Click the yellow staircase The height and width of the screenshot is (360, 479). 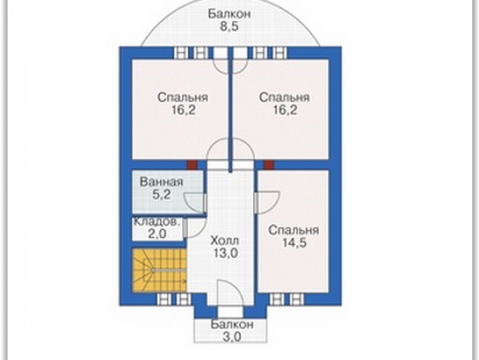pyautogui.click(x=159, y=270)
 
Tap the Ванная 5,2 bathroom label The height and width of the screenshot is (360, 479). pyautogui.click(x=161, y=188)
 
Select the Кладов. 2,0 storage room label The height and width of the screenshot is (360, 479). pyautogui.click(x=156, y=228)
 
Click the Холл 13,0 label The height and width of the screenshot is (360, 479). pyautogui.click(x=224, y=247)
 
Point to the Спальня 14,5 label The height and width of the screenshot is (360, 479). pyautogui.click(x=294, y=237)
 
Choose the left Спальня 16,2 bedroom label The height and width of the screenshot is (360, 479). pyautogui.click(x=183, y=104)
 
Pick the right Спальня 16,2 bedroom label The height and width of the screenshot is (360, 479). pyautogui.click(x=284, y=104)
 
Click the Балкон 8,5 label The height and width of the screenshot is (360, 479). pyautogui.click(x=230, y=20)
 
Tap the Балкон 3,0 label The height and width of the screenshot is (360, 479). pyautogui.click(x=232, y=331)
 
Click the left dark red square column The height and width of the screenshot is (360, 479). pyautogui.click(x=192, y=165)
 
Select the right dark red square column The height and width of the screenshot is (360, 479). pyautogui.click(x=269, y=165)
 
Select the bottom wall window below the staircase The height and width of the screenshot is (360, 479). pyautogui.click(x=173, y=299)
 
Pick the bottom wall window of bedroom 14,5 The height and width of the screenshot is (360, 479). pyautogui.click(x=286, y=299)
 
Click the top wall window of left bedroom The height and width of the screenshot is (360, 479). pyautogui.click(x=190, y=53)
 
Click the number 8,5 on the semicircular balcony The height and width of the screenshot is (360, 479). pyautogui.click(x=229, y=26)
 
